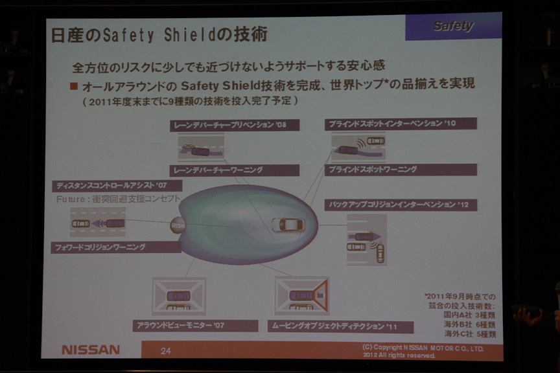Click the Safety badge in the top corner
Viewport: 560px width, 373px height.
pos(453,27)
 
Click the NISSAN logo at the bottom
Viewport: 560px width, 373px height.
pos(91,349)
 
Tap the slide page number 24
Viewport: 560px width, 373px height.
pos(166,350)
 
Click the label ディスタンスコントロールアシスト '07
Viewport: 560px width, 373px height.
pos(117,186)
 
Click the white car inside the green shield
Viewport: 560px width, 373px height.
pos(290,225)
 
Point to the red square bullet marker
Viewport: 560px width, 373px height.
pos(74,85)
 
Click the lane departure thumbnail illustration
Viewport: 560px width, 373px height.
pos(201,148)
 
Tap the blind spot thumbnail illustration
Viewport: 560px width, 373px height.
pos(358,147)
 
